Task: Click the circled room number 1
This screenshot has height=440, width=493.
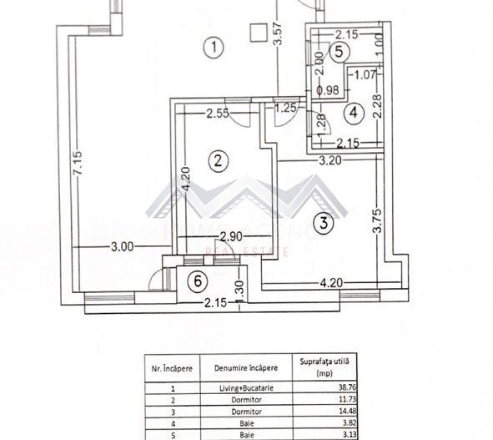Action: (215, 48)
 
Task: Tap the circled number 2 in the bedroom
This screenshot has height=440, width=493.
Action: (218, 160)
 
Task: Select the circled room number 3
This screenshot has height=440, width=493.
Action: (324, 222)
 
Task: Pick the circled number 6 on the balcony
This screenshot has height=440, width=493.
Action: (197, 281)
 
